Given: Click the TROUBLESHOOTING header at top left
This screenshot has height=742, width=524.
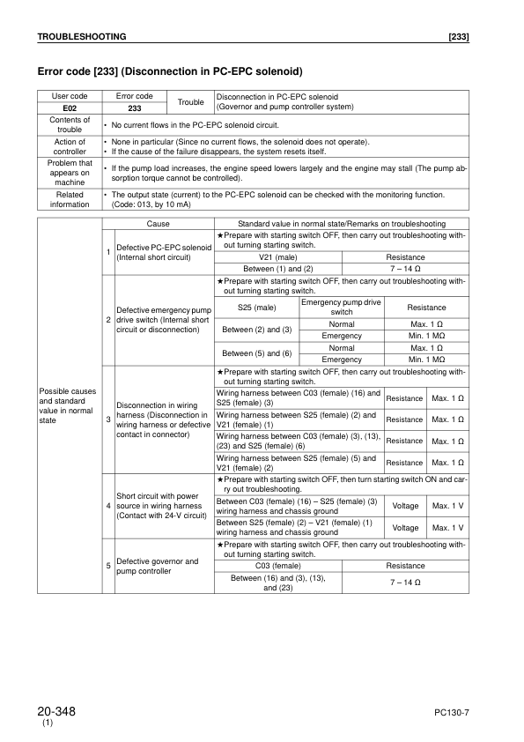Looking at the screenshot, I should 81,37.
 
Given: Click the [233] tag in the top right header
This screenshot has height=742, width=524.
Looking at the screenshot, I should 458,37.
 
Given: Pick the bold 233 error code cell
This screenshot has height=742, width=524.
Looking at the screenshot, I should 135,107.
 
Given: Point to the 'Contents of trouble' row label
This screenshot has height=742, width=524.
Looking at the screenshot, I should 70,124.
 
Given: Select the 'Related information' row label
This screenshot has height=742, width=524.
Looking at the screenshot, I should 70,198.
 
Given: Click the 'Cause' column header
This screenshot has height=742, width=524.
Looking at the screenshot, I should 159,225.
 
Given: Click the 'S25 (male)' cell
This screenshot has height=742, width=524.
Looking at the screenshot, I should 257,308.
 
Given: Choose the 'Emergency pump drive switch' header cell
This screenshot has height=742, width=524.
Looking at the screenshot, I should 342,308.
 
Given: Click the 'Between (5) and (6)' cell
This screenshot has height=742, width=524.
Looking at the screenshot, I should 257,353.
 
